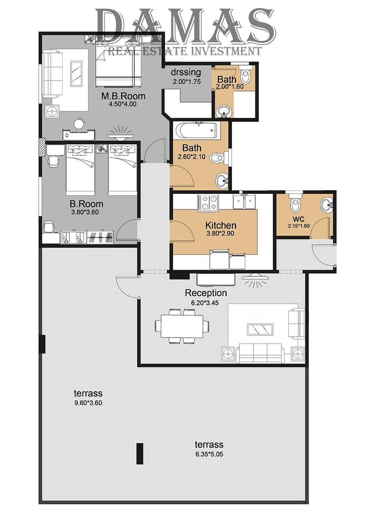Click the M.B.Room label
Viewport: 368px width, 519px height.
(123, 96)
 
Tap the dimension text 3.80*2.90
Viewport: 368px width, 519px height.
(221, 233)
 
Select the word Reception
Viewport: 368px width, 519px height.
(206, 293)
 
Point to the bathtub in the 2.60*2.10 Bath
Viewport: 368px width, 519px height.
(196, 130)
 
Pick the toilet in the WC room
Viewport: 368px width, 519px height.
(295, 203)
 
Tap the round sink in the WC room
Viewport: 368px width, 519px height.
(327, 205)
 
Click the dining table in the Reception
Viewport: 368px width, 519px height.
(182, 326)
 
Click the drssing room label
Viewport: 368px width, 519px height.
(186, 72)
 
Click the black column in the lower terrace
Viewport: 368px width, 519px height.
(140, 454)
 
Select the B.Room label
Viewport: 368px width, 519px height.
(86, 204)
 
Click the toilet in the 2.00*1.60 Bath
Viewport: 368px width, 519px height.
(246, 74)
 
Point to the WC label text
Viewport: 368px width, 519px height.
(299, 219)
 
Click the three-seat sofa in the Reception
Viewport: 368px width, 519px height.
(260, 353)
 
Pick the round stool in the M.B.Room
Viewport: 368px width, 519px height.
(79, 124)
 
